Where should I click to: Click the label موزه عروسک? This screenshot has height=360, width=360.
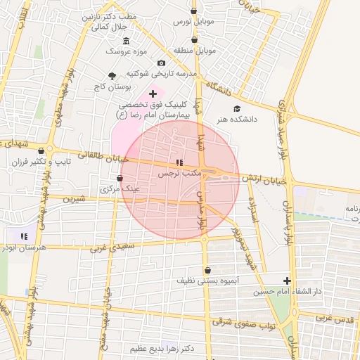coord(125,51)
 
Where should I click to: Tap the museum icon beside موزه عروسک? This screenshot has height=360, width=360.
coord(126,40)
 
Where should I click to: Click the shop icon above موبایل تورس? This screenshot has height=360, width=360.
coord(194,11)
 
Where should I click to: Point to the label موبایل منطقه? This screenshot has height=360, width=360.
coord(195,51)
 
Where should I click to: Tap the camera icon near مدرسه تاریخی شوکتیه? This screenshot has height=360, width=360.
coord(162,63)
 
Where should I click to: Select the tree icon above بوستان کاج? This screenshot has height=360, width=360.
coord(112,75)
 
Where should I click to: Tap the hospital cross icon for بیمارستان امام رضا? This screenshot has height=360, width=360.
coord(153,94)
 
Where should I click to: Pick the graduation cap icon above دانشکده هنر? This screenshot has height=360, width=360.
coord(237,108)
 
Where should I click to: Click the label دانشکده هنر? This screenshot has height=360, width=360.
coord(237,120)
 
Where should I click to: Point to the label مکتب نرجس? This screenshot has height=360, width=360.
coord(179,172)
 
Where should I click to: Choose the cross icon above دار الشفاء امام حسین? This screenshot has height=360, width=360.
coord(286,279)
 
